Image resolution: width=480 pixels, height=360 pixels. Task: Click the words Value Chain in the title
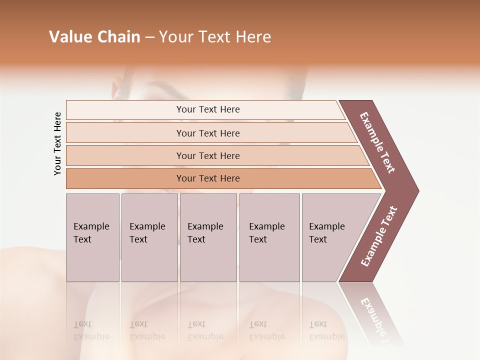[x=94, y=37]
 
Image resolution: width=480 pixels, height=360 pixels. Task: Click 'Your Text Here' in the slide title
[x=215, y=37]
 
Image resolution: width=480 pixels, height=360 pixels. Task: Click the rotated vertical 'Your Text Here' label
[x=57, y=143]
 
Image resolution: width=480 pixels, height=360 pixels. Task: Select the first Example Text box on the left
[x=92, y=237]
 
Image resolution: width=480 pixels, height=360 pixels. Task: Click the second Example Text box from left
[x=149, y=237]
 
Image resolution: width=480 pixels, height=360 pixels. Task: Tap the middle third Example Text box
[x=208, y=237]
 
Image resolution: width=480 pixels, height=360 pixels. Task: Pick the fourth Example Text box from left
[x=269, y=237]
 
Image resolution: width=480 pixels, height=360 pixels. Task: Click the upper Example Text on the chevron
[x=378, y=142]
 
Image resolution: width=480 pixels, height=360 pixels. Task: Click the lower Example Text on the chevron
[x=379, y=236]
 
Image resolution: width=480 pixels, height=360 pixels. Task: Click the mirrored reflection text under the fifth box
[x=326, y=331]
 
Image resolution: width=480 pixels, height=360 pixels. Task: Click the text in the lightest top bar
[x=208, y=109]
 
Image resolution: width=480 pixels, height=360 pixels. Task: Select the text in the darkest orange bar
[x=208, y=178]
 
